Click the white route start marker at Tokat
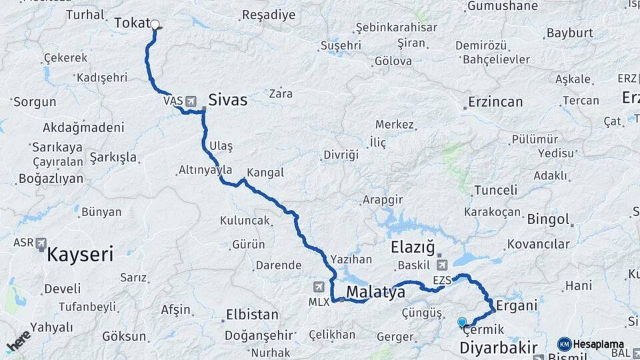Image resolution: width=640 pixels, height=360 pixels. click(155, 25)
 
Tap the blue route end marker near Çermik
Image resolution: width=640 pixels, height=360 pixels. click(462, 323)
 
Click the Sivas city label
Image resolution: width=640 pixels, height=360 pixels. click(227, 101)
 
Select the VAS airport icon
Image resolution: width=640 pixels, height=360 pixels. click(192, 101)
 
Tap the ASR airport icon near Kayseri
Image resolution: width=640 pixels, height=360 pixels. click(41, 243)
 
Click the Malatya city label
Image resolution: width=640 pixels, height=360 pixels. click(376, 291)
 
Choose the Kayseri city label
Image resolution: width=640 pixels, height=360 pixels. click(80, 254)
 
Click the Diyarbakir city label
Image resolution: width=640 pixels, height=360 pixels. click(499, 347)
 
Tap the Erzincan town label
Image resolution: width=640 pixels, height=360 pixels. click(495, 103)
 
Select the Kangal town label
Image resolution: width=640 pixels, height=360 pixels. click(265, 173)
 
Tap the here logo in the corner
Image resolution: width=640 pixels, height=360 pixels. click(18, 341)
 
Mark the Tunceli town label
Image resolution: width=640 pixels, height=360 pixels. click(495, 190)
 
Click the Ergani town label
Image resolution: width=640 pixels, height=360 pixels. click(517, 306)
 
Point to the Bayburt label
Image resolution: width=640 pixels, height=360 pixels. click(569, 33)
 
